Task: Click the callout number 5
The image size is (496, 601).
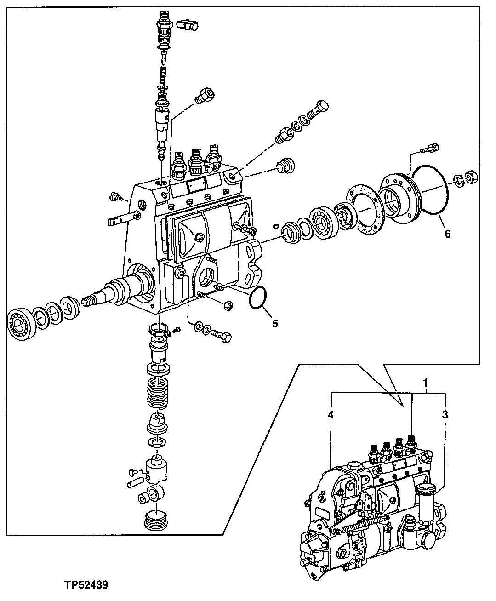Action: tap(275, 323)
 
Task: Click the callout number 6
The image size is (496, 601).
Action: tap(447, 234)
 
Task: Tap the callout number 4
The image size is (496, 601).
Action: tap(330, 414)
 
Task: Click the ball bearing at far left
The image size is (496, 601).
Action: tap(22, 321)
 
